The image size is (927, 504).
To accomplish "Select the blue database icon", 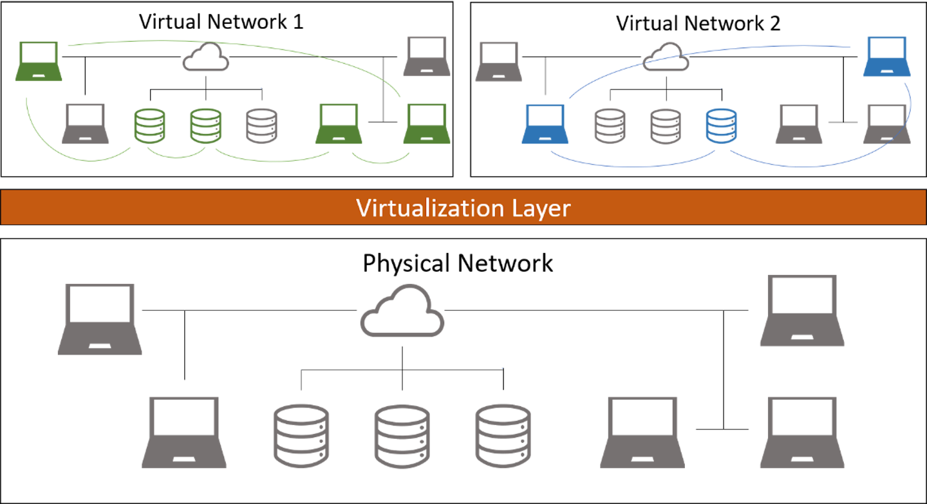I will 721,126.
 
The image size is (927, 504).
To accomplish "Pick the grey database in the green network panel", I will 262,126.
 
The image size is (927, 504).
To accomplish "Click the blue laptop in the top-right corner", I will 887,57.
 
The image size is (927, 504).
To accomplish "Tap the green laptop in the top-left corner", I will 39,61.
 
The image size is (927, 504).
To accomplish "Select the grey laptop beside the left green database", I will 86,124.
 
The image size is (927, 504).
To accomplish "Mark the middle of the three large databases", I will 402,436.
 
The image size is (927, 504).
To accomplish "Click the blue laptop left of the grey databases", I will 545,124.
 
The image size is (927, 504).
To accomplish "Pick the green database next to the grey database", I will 205,126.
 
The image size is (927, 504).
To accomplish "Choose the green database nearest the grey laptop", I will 149,126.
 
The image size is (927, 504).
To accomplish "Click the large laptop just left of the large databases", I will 184,432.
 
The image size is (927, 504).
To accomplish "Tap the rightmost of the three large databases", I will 503,436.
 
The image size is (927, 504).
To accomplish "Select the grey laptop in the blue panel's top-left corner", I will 498,62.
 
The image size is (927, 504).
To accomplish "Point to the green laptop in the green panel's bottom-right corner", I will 426,124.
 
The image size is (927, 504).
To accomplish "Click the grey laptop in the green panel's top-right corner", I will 427,57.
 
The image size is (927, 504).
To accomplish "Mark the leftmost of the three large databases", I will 301,436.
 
